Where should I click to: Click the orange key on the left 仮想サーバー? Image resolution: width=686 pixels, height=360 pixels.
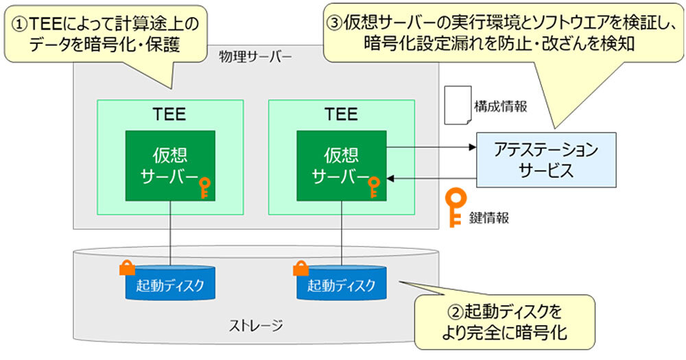click(x=204, y=187)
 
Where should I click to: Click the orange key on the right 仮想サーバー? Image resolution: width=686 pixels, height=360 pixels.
click(x=374, y=187)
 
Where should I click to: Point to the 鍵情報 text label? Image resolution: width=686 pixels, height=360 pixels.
click(x=490, y=218)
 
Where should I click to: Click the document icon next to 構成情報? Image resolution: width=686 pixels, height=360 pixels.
click(x=458, y=105)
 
